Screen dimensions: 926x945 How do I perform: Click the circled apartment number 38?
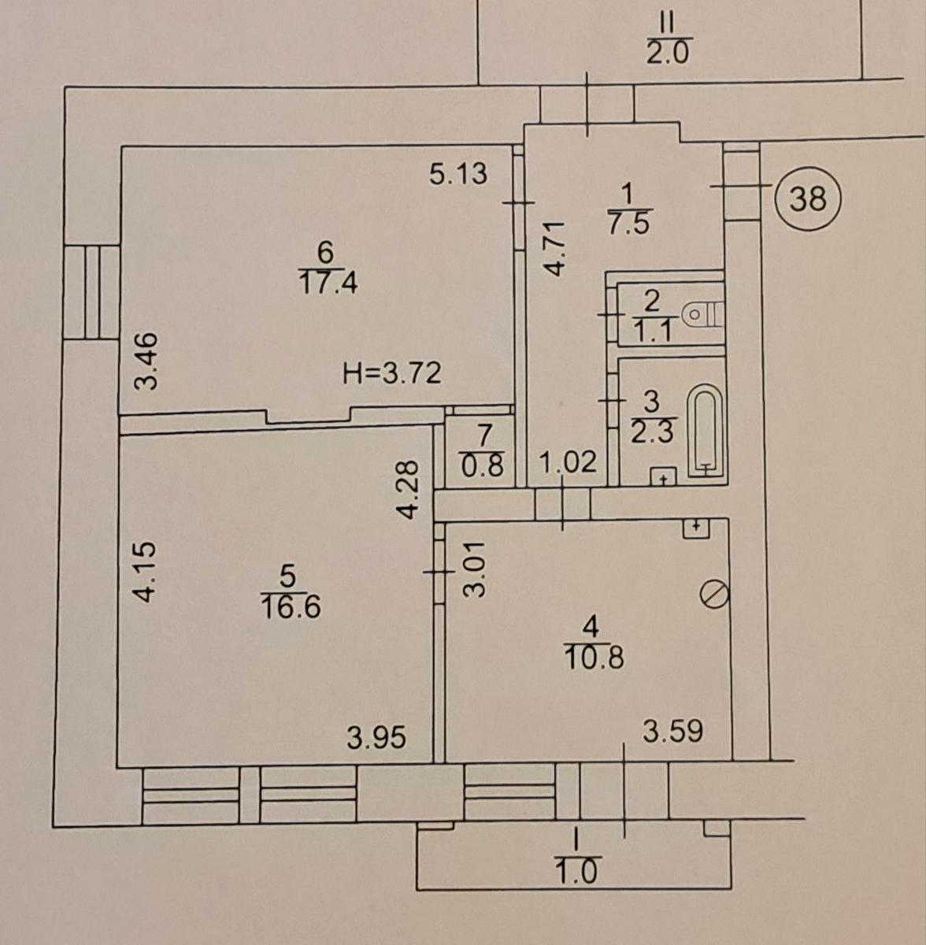[807, 198]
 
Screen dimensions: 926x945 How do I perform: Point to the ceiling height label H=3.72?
[392, 373]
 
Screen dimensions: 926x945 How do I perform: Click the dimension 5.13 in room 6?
[458, 173]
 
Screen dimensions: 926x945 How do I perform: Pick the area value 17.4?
[328, 283]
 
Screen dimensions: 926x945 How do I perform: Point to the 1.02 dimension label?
[569, 461]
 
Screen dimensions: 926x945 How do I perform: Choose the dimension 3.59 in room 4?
[673, 730]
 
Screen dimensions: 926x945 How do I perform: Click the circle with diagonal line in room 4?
[715, 594]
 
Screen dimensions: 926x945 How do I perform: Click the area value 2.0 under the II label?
[668, 53]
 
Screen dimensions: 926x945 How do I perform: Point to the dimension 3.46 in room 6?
[146, 361]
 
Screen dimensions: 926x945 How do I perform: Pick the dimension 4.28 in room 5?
[408, 488]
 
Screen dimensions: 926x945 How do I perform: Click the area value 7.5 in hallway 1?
[628, 222]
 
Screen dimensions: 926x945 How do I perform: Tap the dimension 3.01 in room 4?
[475, 569]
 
